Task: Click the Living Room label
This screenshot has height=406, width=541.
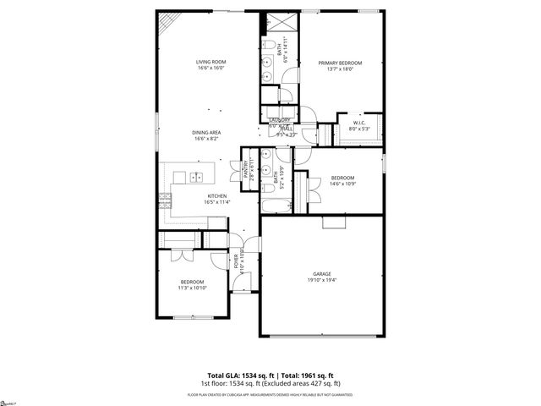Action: click(210, 62)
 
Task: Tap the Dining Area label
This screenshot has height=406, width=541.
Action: click(205, 132)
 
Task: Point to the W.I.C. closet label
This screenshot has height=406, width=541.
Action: click(359, 124)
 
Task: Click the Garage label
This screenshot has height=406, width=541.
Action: click(321, 274)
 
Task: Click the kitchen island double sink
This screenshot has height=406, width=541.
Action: click(197, 178)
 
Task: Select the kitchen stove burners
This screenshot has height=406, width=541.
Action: click(164, 200)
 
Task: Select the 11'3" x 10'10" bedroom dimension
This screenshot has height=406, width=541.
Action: click(192, 288)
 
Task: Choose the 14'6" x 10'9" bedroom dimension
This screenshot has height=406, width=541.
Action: click(342, 184)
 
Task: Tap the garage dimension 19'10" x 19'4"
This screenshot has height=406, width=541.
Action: click(321, 280)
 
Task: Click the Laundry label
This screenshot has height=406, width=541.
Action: click(280, 120)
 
